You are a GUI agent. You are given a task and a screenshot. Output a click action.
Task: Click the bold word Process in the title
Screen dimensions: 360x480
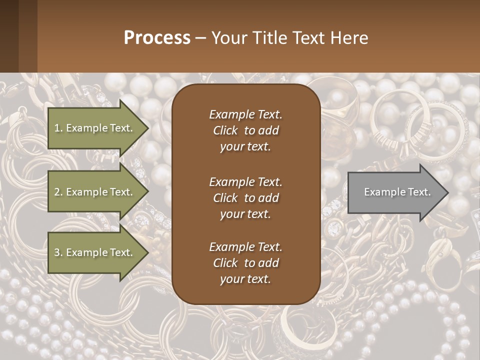[x=157, y=38]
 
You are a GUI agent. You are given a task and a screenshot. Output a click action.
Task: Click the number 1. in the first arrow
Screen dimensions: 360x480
[x=58, y=128]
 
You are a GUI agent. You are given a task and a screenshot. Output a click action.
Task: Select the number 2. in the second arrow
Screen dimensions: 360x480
[x=58, y=192]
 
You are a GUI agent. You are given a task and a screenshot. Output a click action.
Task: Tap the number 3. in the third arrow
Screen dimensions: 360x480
[x=58, y=252]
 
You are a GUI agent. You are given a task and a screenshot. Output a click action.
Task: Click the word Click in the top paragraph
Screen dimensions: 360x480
[x=225, y=130]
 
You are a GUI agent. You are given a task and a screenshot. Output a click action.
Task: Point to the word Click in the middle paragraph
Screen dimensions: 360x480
[x=225, y=198]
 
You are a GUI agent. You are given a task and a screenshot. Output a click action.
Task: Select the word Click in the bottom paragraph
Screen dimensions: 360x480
[x=225, y=263]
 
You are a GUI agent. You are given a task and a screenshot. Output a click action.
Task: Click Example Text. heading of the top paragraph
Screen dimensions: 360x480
[x=245, y=114]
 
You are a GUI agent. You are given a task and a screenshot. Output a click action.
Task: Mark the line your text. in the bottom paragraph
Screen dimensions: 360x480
[x=245, y=279]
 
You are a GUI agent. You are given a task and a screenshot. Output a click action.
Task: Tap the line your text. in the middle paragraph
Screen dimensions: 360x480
[x=245, y=214]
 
